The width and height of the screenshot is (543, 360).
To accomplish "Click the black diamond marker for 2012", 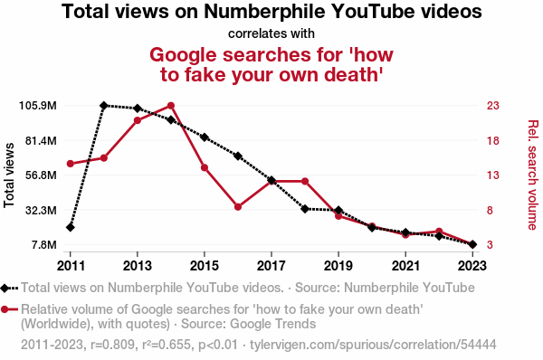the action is coord(103,106).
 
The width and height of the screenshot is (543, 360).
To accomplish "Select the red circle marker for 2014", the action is coord(171,106).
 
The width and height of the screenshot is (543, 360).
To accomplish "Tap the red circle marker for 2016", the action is coord(238,207).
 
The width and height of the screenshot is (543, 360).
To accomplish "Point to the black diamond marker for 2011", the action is coord(71,227).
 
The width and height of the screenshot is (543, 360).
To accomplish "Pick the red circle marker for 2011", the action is coord(71,164).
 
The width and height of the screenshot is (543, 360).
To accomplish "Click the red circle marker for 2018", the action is coord(305,182).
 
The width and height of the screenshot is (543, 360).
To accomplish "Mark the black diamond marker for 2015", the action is coord(205,137).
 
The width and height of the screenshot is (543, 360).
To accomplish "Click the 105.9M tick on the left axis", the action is coord(37,106).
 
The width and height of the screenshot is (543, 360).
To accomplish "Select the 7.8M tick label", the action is coord(44,245).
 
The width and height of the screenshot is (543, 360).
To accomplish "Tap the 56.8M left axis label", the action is coord(41,175).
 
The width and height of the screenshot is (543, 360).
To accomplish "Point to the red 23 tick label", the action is coord(493,106).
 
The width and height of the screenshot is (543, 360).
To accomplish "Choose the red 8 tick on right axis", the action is coord(490,210).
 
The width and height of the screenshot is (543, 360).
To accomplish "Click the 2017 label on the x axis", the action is coord(271,266).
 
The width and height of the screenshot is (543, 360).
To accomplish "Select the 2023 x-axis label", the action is coord(472,266).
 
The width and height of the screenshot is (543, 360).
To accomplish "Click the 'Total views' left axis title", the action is coord(9,175).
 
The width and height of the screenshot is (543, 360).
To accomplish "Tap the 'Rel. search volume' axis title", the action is coord(533,175).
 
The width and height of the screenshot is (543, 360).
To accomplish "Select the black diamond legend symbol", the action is coord(5,288).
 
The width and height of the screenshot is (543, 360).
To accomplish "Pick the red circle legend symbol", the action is coord(5,309).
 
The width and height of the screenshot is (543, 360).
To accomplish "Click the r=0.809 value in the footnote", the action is coord(112,345).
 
